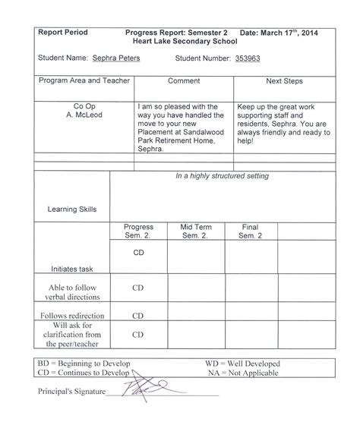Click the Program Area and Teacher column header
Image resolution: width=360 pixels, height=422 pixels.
84,80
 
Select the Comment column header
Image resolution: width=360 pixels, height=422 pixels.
183,80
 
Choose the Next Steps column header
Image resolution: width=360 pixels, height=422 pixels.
284,80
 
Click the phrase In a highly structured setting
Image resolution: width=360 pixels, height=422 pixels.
222,176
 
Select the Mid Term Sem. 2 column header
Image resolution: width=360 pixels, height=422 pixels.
196,231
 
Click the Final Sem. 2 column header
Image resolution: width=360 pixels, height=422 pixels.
250,231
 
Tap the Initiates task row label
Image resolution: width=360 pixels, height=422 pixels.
72,268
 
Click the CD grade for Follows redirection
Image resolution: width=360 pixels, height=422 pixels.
138,314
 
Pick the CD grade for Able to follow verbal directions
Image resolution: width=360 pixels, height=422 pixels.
138,288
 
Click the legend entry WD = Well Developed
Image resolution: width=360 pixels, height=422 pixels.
242,364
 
